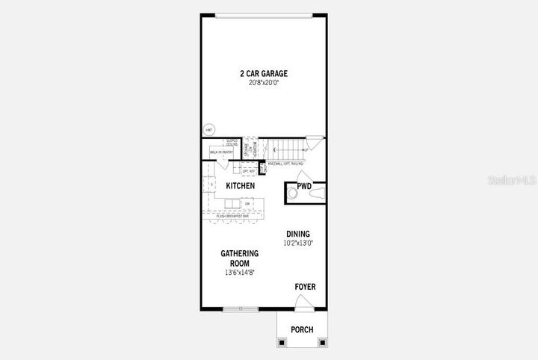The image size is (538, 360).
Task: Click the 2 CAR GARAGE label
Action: point(263,73)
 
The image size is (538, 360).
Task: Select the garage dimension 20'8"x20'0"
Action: point(263,83)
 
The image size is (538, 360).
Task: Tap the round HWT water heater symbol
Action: point(208,130)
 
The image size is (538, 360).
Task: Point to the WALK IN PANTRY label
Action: point(222,152)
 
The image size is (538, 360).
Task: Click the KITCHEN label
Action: point(241,185)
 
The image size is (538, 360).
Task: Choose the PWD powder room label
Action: point(304,186)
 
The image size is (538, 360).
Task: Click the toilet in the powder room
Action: point(293,193)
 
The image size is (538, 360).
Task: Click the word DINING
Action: point(297,234)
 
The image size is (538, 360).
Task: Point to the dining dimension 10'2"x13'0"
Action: point(297,243)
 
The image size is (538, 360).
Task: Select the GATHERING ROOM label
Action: point(239,258)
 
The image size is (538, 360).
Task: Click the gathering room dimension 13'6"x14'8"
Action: point(239,273)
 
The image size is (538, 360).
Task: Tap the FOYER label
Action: point(305,286)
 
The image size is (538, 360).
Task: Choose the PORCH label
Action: point(302,329)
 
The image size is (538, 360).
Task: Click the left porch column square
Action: point(282,342)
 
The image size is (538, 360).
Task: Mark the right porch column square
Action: point(323,342)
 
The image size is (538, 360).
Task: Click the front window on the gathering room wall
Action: point(240,308)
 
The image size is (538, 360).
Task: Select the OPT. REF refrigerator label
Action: point(249,171)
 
